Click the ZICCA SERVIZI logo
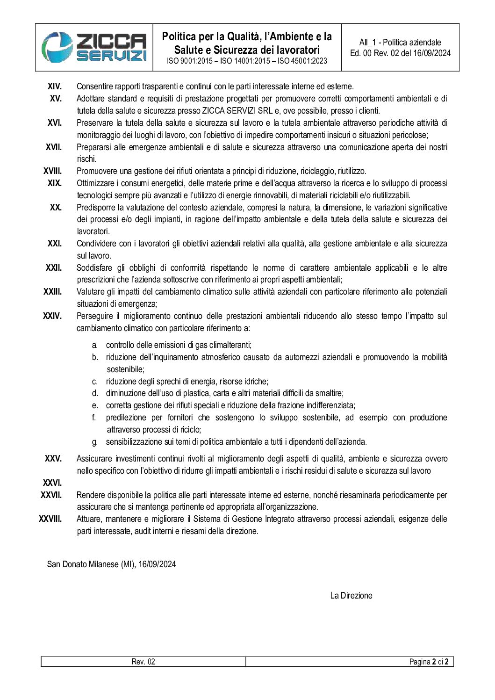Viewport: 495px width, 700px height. pos(94,47)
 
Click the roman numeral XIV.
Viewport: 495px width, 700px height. pos(55,87)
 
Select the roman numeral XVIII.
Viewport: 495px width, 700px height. pos(53,171)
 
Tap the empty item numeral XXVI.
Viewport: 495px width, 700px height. pos(52,483)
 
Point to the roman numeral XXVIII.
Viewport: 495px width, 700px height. pos(50,519)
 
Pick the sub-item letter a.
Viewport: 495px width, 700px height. pos(95,345)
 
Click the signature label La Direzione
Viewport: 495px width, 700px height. pos(351,596)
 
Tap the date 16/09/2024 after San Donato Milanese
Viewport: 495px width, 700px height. pos(157,564)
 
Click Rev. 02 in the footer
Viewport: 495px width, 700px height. pos(143,662)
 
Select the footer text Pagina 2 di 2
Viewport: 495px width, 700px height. pos(429,662)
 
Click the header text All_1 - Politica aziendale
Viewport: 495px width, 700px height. pos(400,42)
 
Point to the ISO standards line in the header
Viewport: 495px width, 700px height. pos(247,61)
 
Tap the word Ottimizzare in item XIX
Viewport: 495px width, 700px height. pos(96,183)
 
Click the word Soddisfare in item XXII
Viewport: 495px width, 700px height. pos(94,268)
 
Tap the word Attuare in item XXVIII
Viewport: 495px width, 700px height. pos(89,519)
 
